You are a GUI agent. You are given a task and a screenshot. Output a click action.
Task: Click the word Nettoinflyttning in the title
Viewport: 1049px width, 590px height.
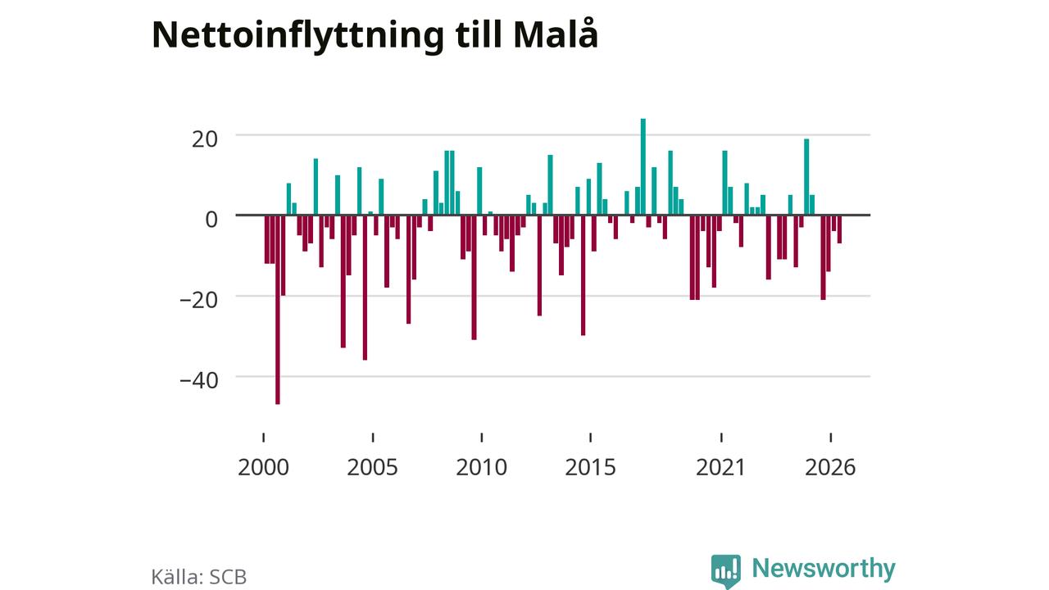click(297, 35)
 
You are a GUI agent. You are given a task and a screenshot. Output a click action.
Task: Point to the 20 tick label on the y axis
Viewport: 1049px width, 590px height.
click(205, 139)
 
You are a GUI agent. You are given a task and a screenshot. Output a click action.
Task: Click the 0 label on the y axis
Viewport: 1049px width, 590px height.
click(211, 220)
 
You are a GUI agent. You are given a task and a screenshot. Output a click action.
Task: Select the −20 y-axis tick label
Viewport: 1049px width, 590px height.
click(199, 300)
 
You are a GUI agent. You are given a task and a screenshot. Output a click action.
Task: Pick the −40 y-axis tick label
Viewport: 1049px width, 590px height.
click(199, 381)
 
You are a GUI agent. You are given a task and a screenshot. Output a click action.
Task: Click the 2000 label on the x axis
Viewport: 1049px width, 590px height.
click(263, 467)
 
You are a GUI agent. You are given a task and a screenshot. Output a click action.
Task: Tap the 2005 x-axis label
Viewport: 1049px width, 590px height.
click(372, 467)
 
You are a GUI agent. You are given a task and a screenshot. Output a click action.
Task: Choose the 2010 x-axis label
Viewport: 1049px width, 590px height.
click(481, 467)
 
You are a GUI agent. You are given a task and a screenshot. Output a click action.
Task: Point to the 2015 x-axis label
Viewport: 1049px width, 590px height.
click(591, 467)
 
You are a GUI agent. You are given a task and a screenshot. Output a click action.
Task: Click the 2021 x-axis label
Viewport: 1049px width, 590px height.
click(720, 467)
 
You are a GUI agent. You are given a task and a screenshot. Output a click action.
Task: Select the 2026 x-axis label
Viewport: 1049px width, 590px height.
click(830, 467)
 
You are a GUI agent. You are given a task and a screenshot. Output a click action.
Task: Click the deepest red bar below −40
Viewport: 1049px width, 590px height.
click(278, 310)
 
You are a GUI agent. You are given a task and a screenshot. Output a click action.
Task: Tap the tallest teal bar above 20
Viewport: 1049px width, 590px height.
click(643, 166)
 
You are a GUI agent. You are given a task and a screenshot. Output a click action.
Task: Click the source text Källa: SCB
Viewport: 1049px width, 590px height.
click(199, 577)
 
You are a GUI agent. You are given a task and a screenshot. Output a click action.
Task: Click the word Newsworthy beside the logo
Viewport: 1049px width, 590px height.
click(824, 568)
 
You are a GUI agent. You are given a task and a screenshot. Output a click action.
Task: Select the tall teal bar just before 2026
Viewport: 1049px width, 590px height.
click(806, 177)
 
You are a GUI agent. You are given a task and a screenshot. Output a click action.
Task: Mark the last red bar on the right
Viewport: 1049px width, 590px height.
click(840, 229)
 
